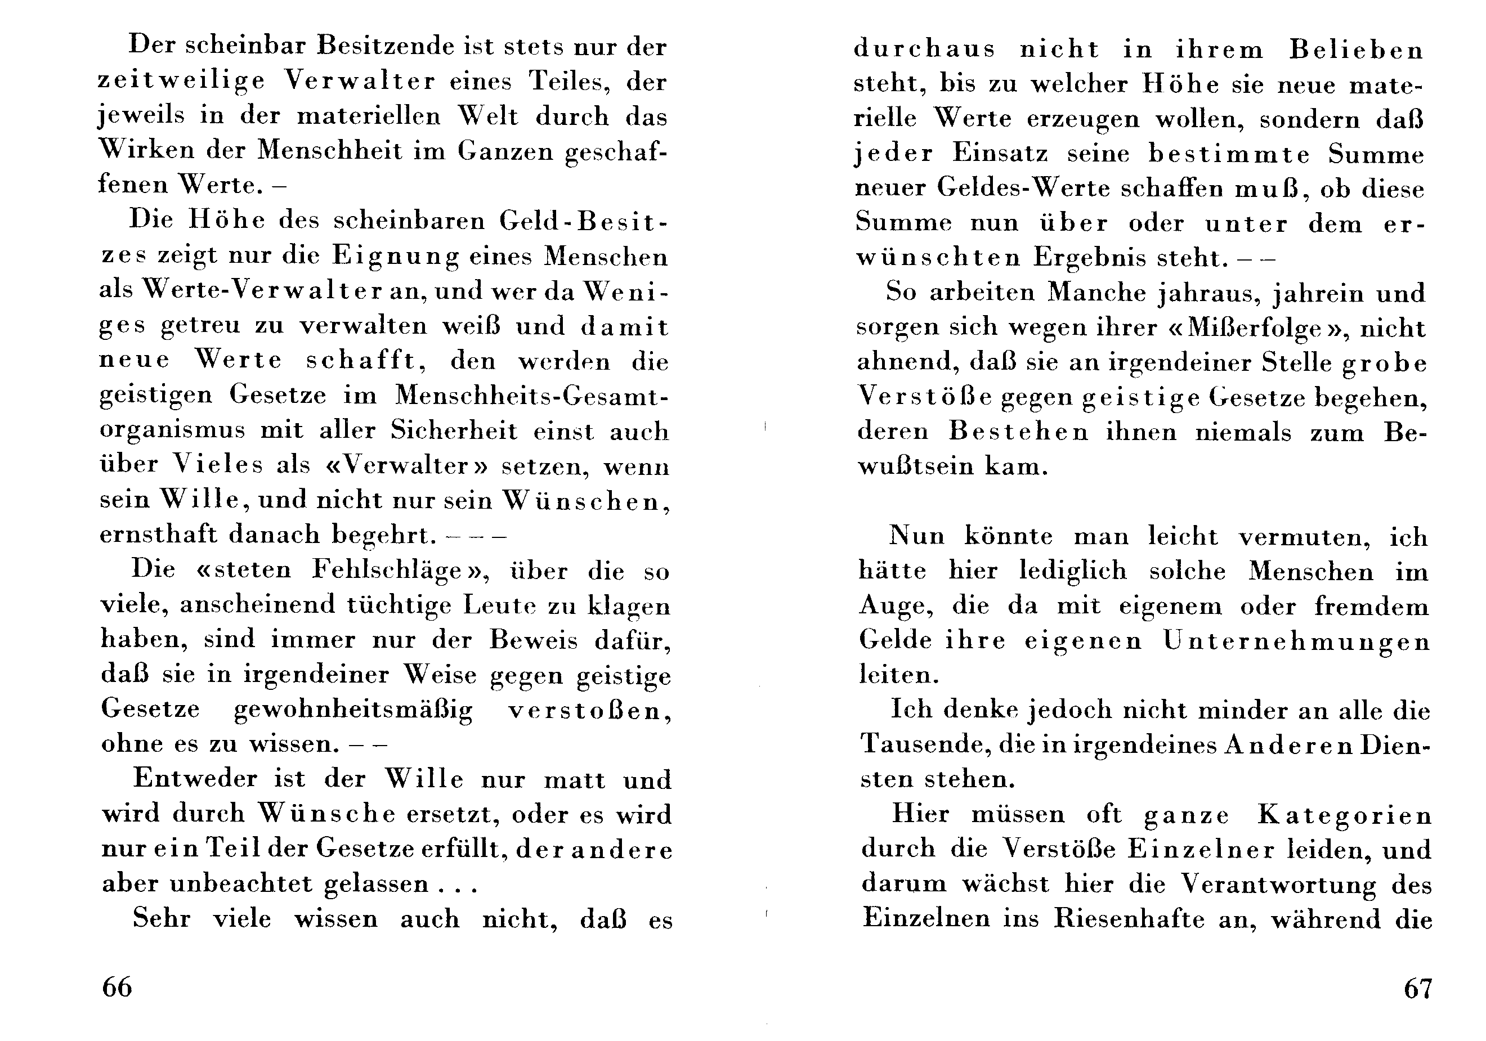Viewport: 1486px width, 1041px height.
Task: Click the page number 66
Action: coord(117,988)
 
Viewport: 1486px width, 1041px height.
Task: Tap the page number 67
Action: coord(1417,989)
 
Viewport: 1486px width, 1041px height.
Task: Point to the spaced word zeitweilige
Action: coord(182,82)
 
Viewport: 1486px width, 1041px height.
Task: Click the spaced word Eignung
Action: coord(396,257)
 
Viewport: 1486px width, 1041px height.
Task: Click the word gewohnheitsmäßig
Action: coord(353,710)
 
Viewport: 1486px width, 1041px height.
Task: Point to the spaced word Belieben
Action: coord(1357,51)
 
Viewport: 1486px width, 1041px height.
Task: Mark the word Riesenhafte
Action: coord(1130,919)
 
